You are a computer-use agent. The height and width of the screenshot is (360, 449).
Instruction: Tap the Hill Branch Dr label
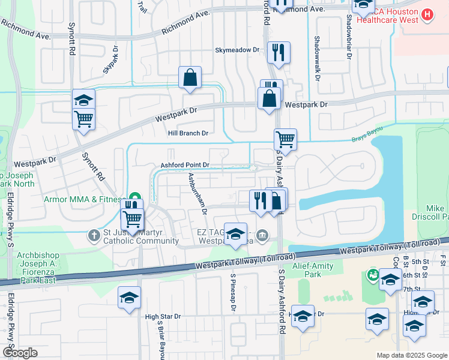[188, 133]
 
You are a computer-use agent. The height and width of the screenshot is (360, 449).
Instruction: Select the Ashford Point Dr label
[184, 165]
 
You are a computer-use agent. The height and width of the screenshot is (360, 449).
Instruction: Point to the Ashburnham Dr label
[196, 194]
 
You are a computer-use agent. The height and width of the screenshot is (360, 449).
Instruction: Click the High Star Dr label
[163, 316]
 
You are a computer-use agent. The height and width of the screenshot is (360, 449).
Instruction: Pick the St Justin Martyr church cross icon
[94, 236]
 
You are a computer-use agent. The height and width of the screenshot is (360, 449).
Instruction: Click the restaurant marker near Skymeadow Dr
[279, 52]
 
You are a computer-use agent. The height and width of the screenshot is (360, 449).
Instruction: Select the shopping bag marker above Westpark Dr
[190, 77]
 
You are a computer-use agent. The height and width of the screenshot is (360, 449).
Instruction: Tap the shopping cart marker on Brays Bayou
[285, 139]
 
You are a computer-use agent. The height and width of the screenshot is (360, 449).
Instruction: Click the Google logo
[20, 353]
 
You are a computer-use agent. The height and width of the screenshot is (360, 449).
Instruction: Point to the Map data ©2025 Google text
[412, 356]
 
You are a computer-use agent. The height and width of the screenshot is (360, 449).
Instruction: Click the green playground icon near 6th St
[372, 275]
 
